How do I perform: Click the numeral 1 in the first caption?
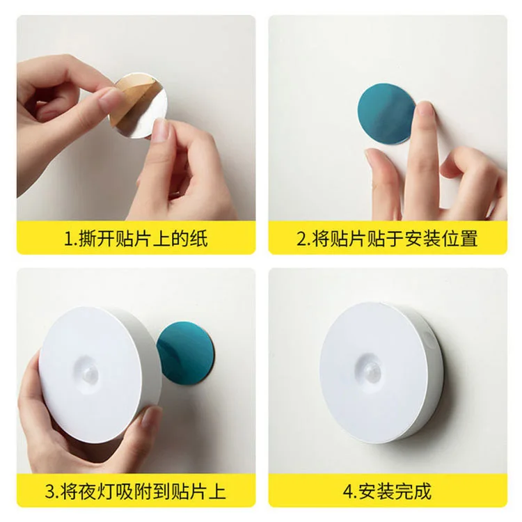[x=68, y=239]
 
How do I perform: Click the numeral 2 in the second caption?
[x=302, y=239]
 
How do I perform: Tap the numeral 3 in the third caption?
[x=50, y=491]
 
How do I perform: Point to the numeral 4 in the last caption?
[x=348, y=491]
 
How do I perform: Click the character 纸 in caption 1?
[x=199, y=239]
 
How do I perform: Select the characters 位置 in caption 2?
[x=459, y=239]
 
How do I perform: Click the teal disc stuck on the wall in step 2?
[x=386, y=114]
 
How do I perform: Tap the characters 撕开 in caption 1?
[x=97, y=239]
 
